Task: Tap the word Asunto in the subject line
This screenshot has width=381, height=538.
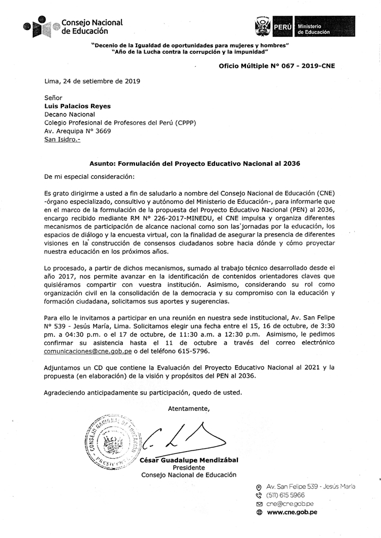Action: tap(102, 162)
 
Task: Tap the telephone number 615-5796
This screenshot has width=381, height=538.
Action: tap(202, 351)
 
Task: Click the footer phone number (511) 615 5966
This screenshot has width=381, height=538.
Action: tap(286, 496)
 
